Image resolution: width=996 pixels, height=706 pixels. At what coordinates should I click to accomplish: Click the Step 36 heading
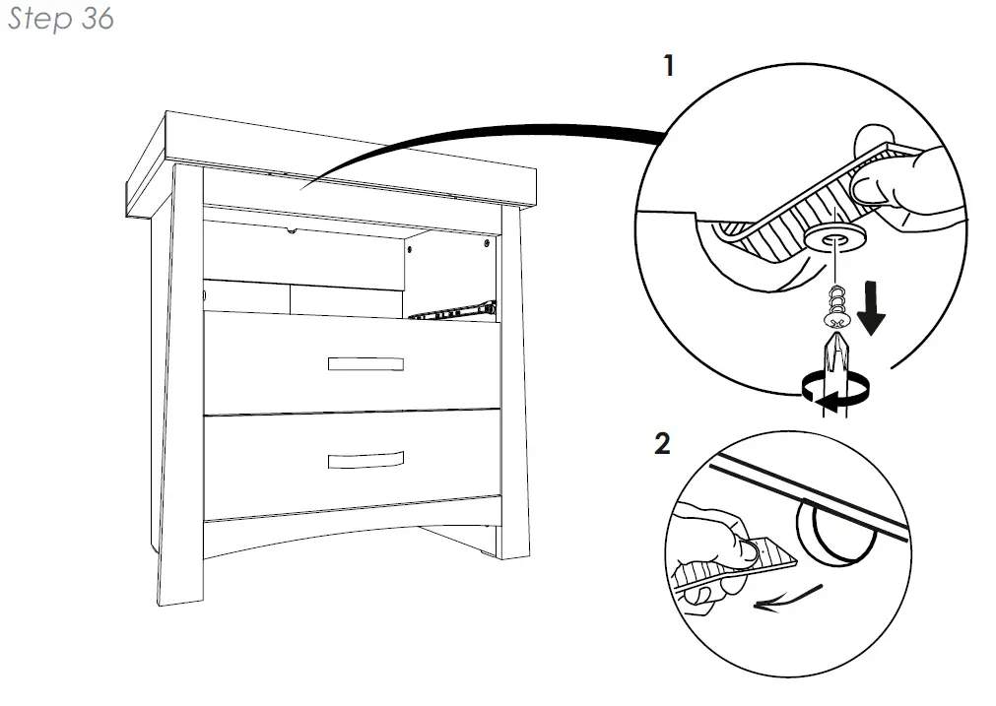61,20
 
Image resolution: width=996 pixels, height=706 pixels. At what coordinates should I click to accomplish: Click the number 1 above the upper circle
670,67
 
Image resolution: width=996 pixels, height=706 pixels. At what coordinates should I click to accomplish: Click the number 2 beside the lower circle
662,444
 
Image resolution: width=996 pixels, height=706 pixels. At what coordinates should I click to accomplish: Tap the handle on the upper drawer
365,363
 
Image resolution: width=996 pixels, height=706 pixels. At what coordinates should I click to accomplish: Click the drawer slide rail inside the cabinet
453,312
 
